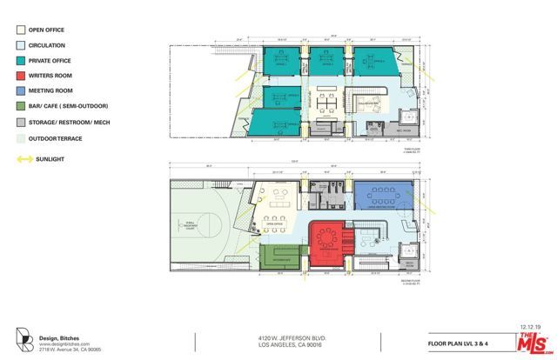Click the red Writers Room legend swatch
21,77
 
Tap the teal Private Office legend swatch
21,61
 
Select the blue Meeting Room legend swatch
21,91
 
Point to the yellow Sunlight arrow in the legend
21,159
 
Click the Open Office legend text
49,30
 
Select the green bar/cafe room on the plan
281,259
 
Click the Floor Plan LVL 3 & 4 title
459,342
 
